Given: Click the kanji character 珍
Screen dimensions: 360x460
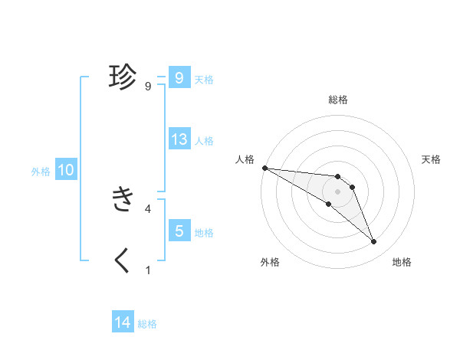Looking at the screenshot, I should [123, 77].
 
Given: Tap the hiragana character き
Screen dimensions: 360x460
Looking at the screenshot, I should [123, 199].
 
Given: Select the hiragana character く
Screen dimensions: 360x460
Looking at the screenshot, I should [123, 260].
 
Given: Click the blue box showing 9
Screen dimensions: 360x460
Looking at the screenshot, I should [179, 78].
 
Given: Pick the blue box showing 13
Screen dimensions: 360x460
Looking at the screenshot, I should [179, 139].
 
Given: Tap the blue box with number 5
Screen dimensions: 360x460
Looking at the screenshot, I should [179, 231].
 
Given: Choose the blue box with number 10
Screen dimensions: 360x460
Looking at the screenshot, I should [65, 170].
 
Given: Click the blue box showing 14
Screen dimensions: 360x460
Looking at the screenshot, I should [123, 323].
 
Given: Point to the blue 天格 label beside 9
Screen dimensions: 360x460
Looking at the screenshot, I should [204, 79].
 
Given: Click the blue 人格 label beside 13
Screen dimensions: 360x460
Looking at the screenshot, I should [204, 141].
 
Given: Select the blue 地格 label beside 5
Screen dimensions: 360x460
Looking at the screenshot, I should [204, 232].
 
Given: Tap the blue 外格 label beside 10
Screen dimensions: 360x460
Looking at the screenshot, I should [41, 172].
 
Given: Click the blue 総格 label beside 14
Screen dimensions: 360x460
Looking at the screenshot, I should [147, 324].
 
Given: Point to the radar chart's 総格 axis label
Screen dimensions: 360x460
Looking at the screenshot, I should [338, 100].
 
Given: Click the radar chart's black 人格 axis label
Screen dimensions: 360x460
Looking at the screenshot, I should [245, 159].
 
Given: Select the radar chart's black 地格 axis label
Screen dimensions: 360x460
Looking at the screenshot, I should [402, 262].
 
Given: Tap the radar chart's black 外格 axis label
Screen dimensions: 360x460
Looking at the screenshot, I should [270, 262].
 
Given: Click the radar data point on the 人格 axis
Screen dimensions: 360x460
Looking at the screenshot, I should [264, 168].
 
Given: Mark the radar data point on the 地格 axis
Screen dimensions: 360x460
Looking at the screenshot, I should [374, 242].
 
